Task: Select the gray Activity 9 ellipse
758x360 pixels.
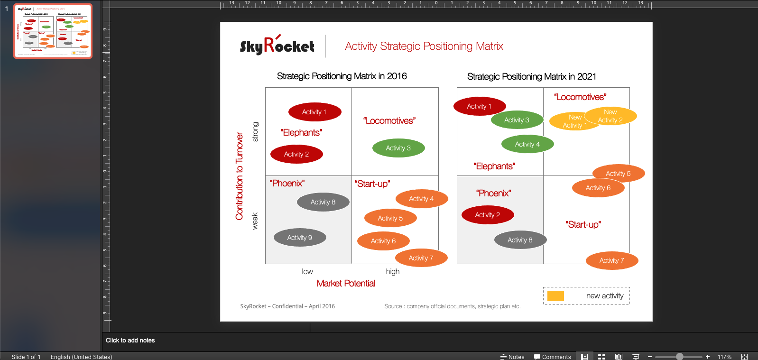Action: tap(300, 238)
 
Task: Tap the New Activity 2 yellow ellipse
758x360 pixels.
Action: tap(610, 116)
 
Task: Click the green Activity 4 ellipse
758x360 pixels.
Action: tap(527, 144)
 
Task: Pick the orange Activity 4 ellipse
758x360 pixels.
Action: tap(422, 199)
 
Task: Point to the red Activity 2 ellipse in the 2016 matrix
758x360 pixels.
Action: tap(296, 154)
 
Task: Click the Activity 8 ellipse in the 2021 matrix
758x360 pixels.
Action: tap(520, 240)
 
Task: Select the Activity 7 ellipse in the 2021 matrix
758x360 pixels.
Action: tap(612, 260)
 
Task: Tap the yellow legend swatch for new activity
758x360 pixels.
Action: tap(555, 295)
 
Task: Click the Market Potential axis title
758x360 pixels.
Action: tap(346, 284)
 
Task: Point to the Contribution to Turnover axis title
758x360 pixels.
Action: tap(239, 176)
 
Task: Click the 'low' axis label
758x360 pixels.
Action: tap(307, 271)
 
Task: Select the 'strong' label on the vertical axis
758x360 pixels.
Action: tap(256, 131)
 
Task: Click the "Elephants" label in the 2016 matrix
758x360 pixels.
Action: tap(301, 133)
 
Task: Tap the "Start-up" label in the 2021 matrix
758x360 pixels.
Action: tap(583, 225)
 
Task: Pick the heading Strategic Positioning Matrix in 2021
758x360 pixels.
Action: tap(532, 76)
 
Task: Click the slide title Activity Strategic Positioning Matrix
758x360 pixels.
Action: tap(424, 46)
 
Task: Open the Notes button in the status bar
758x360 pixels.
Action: tap(512, 357)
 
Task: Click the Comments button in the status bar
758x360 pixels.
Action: tap(552, 357)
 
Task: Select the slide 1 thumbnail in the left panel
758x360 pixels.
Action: tap(53, 31)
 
